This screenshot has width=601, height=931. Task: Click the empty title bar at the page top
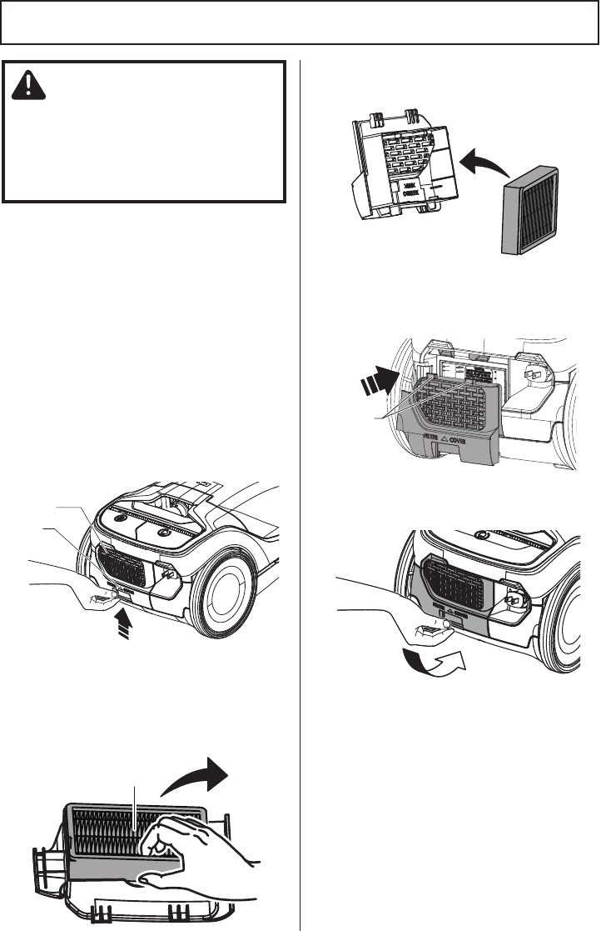coord(300,23)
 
